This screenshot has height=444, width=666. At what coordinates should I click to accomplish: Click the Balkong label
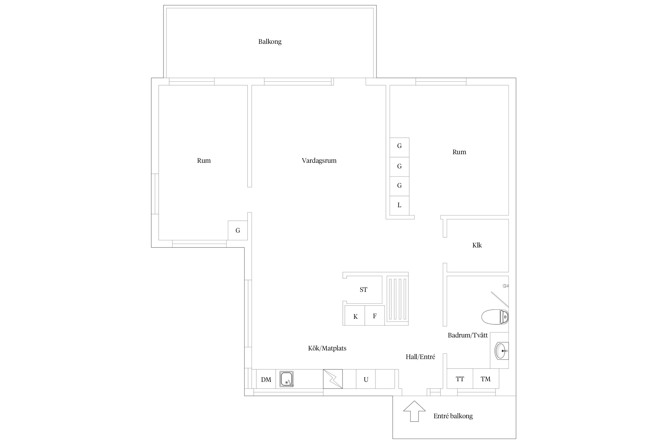tap(270, 42)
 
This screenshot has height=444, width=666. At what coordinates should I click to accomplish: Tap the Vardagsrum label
tap(319, 161)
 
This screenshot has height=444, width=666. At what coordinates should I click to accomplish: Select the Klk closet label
tap(477, 245)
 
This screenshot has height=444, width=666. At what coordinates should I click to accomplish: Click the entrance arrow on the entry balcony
tap(414, 411)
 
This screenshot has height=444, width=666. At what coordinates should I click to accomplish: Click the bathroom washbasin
tap(501, 350)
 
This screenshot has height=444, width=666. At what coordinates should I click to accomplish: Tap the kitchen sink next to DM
tap(287, 379)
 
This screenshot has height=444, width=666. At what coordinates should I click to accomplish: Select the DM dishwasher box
tap(266, 379)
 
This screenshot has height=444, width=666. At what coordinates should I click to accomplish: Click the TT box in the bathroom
tap(460, 379)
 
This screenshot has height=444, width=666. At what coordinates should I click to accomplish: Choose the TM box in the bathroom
tap(486, 379)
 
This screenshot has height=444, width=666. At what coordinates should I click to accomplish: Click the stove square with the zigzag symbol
tap(333, 379)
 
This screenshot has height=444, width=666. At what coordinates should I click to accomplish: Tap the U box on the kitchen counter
tap(366, 379)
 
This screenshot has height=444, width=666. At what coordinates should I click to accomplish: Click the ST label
tap(363, 290)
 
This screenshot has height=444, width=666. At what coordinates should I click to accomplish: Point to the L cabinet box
tap(399, 205)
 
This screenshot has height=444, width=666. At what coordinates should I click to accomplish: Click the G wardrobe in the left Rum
tap(238, 230)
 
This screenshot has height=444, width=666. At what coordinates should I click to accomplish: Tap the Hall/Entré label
tap(420, 357)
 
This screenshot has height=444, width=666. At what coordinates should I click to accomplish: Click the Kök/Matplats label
tap(327, 348)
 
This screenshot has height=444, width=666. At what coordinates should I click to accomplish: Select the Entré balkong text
tap(453, 416)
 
